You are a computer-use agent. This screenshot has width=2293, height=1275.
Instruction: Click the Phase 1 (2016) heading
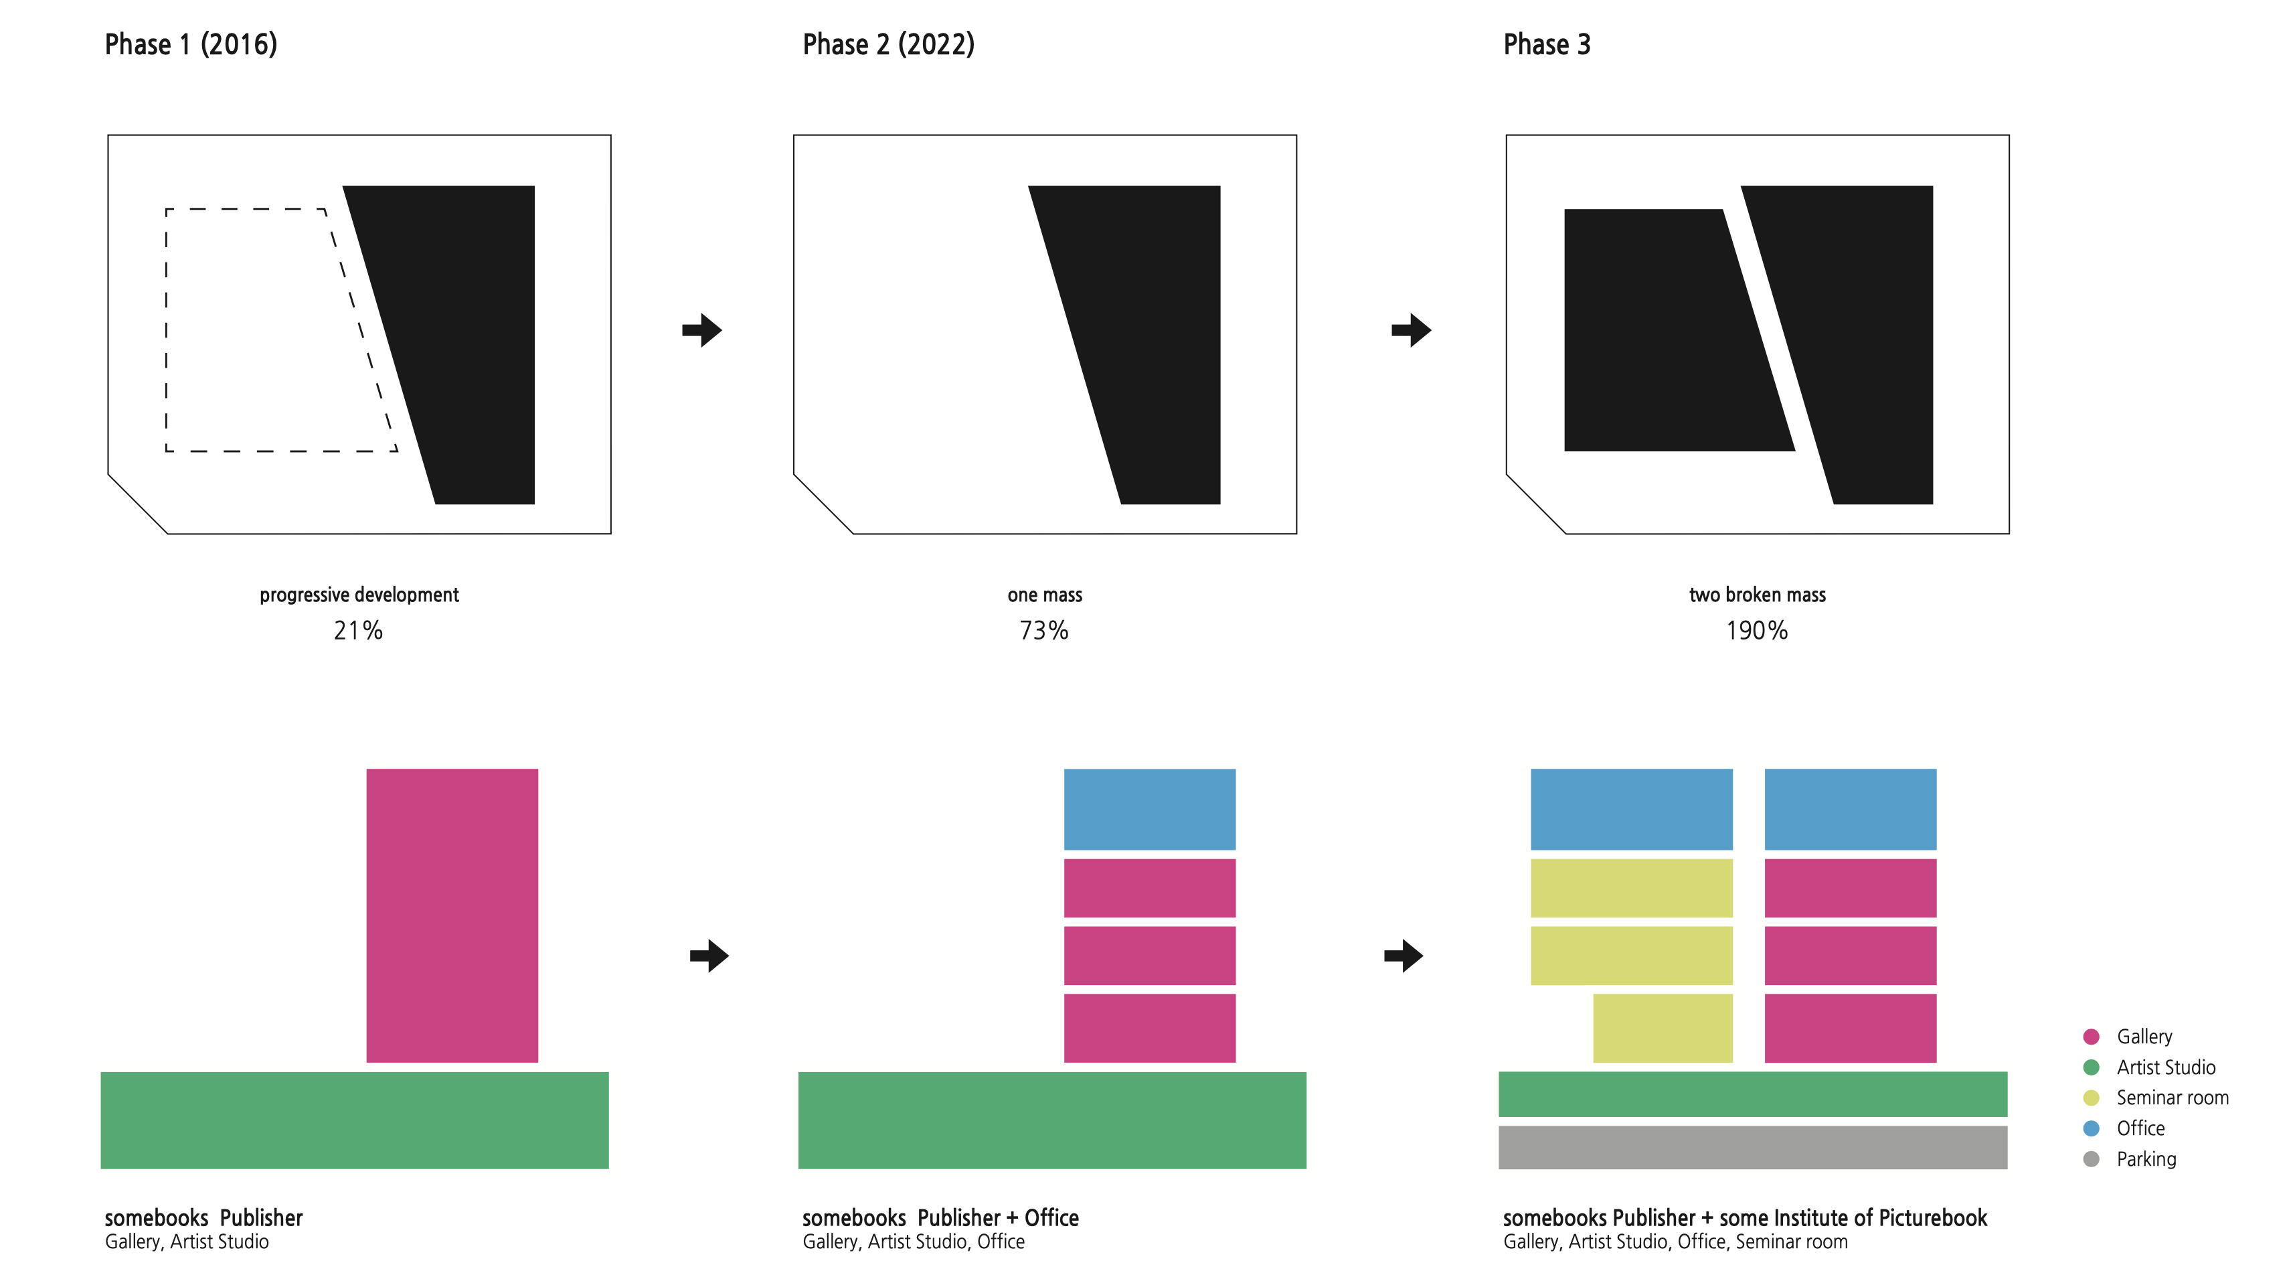(x=191, y=44)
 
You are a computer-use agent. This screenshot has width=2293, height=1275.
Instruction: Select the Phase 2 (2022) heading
(x=887, y=44)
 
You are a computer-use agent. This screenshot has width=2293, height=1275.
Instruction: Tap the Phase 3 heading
(x=1546, y=44)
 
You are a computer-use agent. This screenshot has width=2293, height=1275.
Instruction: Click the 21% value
(x=358, y=630)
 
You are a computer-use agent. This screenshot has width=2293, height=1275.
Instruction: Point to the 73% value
(x=1043, y=630)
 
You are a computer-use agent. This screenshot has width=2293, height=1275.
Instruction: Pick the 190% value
(x=1756, y=630)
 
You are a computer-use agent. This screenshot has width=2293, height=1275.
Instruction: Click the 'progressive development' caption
(x=359, y=595)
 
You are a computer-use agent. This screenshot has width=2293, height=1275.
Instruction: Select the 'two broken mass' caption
(x=1756, y=595)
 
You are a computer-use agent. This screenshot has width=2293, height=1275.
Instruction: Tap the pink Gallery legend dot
(x=2091, y=1037)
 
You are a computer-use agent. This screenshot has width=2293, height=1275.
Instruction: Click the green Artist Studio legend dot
(x=2091, y=1067)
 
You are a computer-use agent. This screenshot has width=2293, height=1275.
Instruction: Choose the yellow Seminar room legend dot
(x=2091, y=1098)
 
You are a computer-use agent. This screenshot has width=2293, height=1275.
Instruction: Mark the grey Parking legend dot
(x=2091, y=1158)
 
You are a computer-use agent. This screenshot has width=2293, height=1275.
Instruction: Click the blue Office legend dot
(x=2091, y=1128)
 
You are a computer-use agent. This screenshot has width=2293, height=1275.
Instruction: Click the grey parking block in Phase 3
(x=1752, y=1147)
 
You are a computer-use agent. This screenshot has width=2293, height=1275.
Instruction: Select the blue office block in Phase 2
(x=1149, y=808)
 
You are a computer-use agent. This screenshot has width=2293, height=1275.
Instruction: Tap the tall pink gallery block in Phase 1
(x=451, y=915)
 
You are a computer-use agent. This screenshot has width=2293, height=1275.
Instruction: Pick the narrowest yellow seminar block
(x=1662, y=1027)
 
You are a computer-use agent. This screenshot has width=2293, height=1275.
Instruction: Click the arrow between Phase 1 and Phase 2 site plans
(x=702, y=330)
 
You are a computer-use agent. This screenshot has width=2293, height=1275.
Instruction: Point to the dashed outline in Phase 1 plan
(x=167, y=329)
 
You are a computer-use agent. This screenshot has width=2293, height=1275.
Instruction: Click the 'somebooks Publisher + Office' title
(x=940, y=1217)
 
